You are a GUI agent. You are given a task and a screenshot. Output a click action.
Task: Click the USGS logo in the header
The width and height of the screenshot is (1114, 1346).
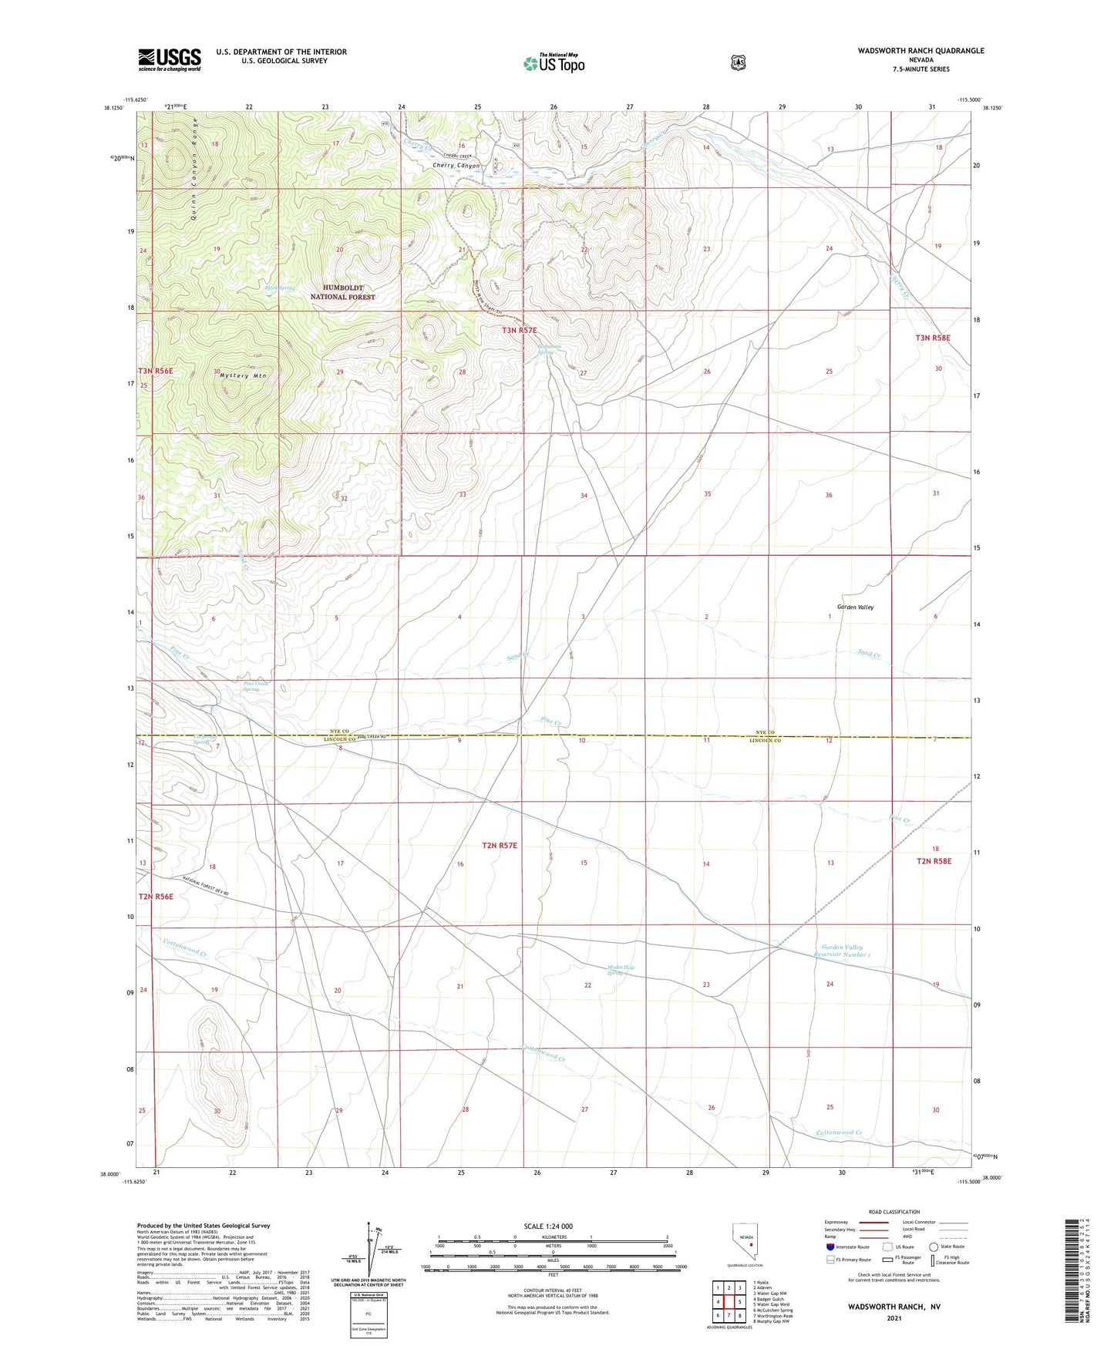click(x=170, y=59)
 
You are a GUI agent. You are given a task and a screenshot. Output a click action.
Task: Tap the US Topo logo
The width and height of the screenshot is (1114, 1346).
click(x=554, y=63)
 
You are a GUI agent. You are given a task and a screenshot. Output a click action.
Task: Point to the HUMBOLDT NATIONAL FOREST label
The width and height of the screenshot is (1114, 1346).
click(x=343, y=292)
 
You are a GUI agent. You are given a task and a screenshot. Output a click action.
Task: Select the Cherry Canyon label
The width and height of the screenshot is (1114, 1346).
click(x=456, y=166)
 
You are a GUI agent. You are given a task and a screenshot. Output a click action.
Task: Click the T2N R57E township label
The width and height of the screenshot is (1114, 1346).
click(x=500, y=846)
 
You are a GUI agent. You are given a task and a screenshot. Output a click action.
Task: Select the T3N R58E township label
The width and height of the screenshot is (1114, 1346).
click(x=933, y=338)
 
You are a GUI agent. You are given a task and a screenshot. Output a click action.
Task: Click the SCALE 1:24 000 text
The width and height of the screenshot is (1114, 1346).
click(x=548, y=1226)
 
